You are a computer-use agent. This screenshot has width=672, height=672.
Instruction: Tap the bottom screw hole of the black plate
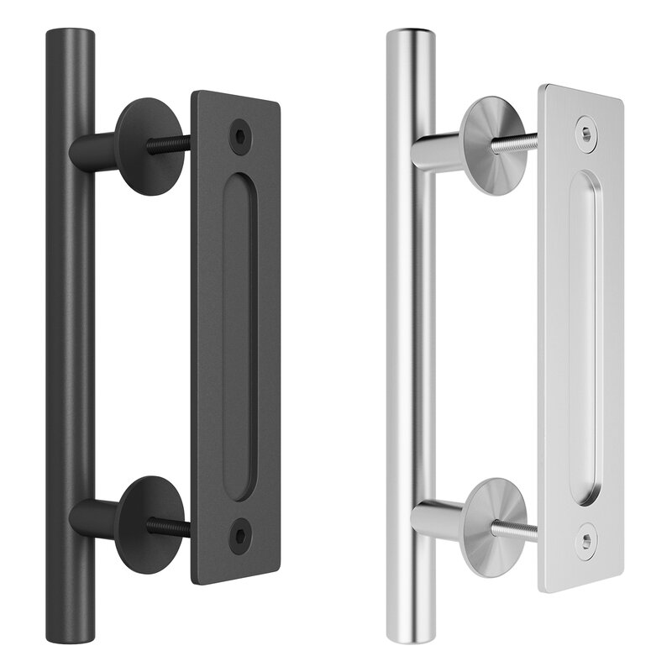(242, 533)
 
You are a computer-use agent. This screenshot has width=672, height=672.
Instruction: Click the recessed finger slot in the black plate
(241, 336)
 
